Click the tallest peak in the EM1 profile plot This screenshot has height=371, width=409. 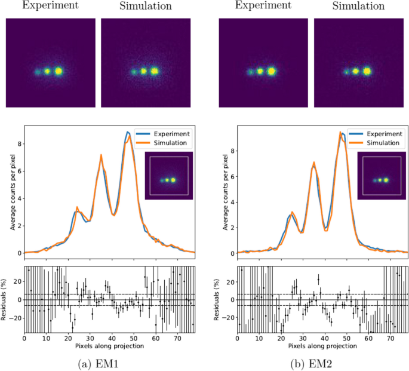click(128, 133)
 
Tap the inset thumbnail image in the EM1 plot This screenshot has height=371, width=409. click(169, 176)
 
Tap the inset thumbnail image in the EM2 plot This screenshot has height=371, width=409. click(382, 176)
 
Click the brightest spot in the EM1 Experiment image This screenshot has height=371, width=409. click(59, 71)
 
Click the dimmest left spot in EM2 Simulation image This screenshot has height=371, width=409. click(346, 72)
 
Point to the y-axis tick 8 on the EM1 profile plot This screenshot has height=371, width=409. click(19, 144)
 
